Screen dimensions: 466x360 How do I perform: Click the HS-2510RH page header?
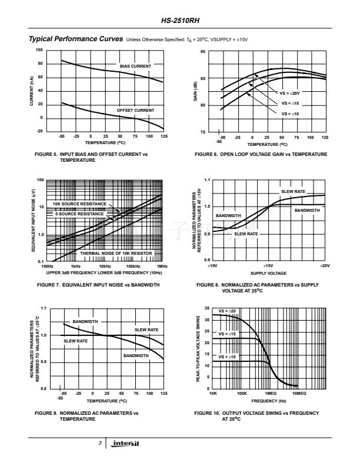coord(179,20)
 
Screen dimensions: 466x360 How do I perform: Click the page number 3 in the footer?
coord(101,443)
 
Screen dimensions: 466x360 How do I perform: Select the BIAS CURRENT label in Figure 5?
coord(135,66)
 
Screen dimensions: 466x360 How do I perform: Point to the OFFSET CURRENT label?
coord(135,110)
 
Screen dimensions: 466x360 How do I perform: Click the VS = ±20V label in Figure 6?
coord(291,93)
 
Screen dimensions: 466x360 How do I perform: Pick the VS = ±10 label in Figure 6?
coord(289,113)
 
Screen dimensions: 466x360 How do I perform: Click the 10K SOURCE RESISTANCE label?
coord(80,204)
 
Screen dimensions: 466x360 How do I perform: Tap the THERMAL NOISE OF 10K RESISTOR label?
coord(116,253)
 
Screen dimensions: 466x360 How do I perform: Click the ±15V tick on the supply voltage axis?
coord(267,267)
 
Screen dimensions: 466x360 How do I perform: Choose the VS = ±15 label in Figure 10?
coord(226,334)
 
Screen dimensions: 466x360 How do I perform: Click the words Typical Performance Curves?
coord(75,39)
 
